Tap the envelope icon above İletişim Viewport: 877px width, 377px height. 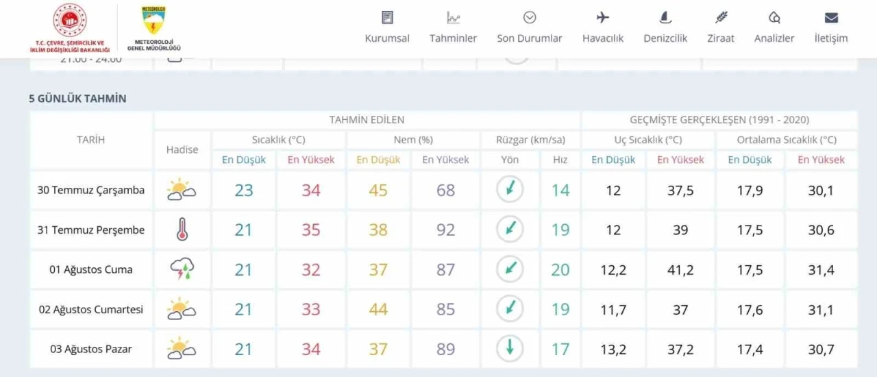(831, 18)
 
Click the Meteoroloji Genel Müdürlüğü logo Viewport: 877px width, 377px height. (154, 28)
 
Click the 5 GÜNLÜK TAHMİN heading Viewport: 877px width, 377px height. (77, 99)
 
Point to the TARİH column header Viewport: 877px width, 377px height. (91, 140)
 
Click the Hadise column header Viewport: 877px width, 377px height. (182, 149)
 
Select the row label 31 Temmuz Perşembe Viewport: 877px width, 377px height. (91, 230)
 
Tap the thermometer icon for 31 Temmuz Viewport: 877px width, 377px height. (182, 230)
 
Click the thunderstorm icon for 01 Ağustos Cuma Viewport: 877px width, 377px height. (182, 269)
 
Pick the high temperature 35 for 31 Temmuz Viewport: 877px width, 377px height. (311, 230)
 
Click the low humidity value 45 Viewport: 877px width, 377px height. (378, 191)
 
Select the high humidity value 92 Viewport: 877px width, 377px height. (446, 230)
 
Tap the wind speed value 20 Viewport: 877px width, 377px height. (560, 270)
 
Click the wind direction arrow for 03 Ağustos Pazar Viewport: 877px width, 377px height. (510, 348)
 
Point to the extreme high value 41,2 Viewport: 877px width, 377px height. (680, 270)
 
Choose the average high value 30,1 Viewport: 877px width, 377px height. (821, 191)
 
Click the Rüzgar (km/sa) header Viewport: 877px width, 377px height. (531, 140)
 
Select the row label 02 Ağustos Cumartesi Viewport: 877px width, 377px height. (91, 310)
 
